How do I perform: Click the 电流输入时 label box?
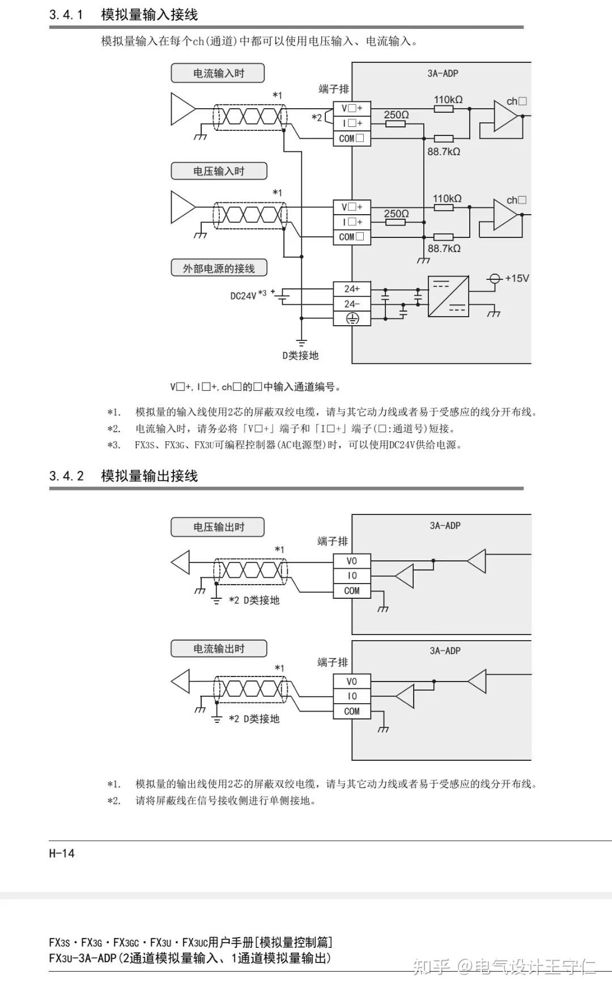pyautogui.click(x=218, y=73)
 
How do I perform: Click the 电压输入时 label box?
pyautogui.click(x=218, y=171)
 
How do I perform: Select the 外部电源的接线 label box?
pyautogui.click(x=219, y=268)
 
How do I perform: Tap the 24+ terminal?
pyautogui.click(x=351, y=289)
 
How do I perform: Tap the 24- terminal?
pyautogui.click(x=351, y=304)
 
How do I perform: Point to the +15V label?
pyautogui.click(x=517, y=278)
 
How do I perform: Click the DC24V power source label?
pyautogui.click(x=243, y=295)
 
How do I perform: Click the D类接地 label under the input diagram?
pyautogui.click(x=301, y=355)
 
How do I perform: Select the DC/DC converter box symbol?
pyautogui.click(x=448, y=296)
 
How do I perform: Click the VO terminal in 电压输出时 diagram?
pyautogui.click(x=351, y=561)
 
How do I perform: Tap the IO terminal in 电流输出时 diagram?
pyautogui.click(x=351, y=696)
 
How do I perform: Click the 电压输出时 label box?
pyautogui.click(x=218, y=527)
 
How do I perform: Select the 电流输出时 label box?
pyautogui.click(x=218, y=649)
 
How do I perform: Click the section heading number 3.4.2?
pyautogui.click(x=66, y=476)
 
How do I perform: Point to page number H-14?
pyautogui.click(x=62, y=853)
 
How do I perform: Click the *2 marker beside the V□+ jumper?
pyautogui.click(x=317, y=117)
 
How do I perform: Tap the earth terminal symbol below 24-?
pyautogui.click(x=352, y=319)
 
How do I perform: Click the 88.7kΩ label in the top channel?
pyautogui.click(x=444, y=151)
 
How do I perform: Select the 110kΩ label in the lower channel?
pyautogui.click(x=447, y=198)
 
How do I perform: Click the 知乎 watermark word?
pyautogui.click(x=431, y=966)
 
